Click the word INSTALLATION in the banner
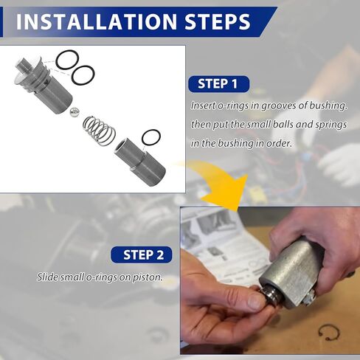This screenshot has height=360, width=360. [x=97, y=21]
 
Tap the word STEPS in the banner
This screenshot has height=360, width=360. [x=217, y=21]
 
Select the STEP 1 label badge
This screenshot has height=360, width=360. [x=219, y=84]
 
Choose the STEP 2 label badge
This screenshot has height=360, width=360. [x=142, y=255]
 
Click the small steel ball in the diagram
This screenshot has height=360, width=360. [x=75, y=112]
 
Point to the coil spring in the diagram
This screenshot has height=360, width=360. [x=99, y=131]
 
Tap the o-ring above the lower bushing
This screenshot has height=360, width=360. [x=151, y=138]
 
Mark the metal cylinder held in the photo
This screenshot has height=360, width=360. [x=291, y=271]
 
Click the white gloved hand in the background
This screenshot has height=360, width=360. [x=339, y=162]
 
